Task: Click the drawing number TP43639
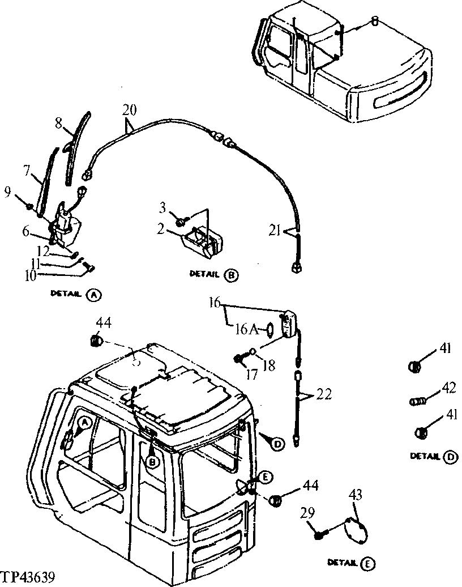(x=28, y=579)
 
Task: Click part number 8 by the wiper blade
(x=58, y=122)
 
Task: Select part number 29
(x=306, y=513)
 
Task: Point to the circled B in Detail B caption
(x=231, y=275)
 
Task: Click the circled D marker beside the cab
(x=277, y=445)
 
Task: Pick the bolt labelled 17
(x=239, y=358)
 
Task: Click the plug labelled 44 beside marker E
(x=275, y=500)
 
